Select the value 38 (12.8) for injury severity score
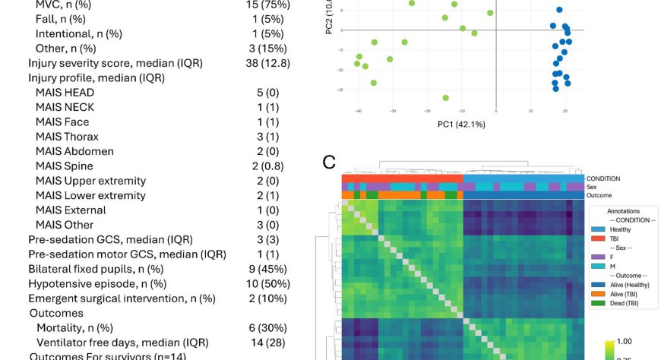pyautogui.click(x=268, y=63)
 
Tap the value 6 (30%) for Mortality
pyautogui.click(x=269, y=327)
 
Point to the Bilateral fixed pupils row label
pyautogui.click(x=96, y=269)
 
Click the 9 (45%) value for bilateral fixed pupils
pyautogui.click(x=269, y=269)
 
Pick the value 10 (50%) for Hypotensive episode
pyautogui.click(x=269, y=283)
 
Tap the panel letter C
pyautogui.click(x=329, y=162)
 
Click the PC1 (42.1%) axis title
pyautogui.click(x=461, y=124)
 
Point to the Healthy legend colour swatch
pyautogui.click(x=598, y=229)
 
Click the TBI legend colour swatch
pyautogui.click(x=598, y=238)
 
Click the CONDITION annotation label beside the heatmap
pyautogui.click(x=604, y=178)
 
